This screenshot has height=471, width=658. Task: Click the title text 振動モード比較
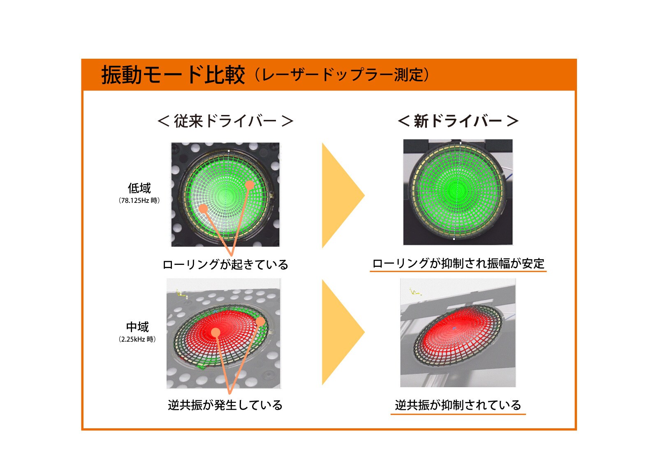coord(173,75)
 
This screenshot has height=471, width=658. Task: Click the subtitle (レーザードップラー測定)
coord(342,75)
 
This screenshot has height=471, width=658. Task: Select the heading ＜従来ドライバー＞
coord(225,121)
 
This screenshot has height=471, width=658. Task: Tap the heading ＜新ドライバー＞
coord(458,121)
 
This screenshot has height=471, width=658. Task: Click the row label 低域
coord(139,188)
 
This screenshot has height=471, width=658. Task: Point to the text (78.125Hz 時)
coord(139,201)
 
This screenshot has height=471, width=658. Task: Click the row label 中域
coord(137,327)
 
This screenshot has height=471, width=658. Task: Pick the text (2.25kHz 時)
coord(137,339)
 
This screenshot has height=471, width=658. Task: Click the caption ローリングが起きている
coord(225,264)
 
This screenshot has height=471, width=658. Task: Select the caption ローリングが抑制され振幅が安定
coord(458,264)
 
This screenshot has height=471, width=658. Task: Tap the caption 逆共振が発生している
coord(225,405)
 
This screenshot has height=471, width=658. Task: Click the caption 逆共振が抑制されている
coord(458,405)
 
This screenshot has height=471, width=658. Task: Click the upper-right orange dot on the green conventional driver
coord(249,185)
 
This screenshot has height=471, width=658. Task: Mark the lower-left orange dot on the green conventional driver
coord(203,209)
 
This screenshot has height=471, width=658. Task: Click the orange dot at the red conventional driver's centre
coord(215,332)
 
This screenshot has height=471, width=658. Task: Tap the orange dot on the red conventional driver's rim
coord(260,322)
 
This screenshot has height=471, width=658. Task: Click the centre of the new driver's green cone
coord(458,191)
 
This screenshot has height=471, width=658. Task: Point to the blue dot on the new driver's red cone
coord(454,328)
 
